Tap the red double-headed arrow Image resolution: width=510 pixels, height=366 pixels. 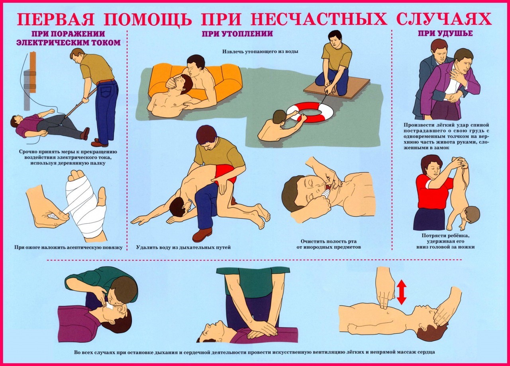point(401,292)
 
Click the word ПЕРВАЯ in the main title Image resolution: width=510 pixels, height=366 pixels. point(56,19)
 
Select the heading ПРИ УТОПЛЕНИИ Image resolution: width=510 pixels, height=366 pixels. point(237,34)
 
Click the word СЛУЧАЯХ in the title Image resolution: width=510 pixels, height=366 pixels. point(444,19)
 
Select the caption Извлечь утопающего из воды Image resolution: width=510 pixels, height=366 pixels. point(260,52)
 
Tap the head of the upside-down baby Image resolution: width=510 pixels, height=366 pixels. point(471,215)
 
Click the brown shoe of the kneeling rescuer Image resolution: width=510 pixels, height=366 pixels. point(202,234)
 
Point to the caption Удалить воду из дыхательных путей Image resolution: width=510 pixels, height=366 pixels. point(183,247)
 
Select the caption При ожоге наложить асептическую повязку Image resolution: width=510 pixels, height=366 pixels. point(68,247)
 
